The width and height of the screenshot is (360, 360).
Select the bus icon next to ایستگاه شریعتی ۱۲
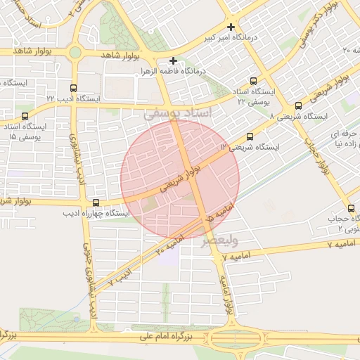pyautogui.click(x=249, y=138)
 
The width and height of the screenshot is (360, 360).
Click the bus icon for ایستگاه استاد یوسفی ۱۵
pyautogui.click(x=25, y=117)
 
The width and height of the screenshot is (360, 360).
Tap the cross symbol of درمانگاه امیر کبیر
pyautogui.click(x=231, y=27)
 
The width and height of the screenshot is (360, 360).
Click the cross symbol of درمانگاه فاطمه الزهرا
pyautogui.click(x=173, y=61)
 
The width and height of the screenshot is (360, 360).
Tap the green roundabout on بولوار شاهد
pyautogui.click(x=75, y=52)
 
